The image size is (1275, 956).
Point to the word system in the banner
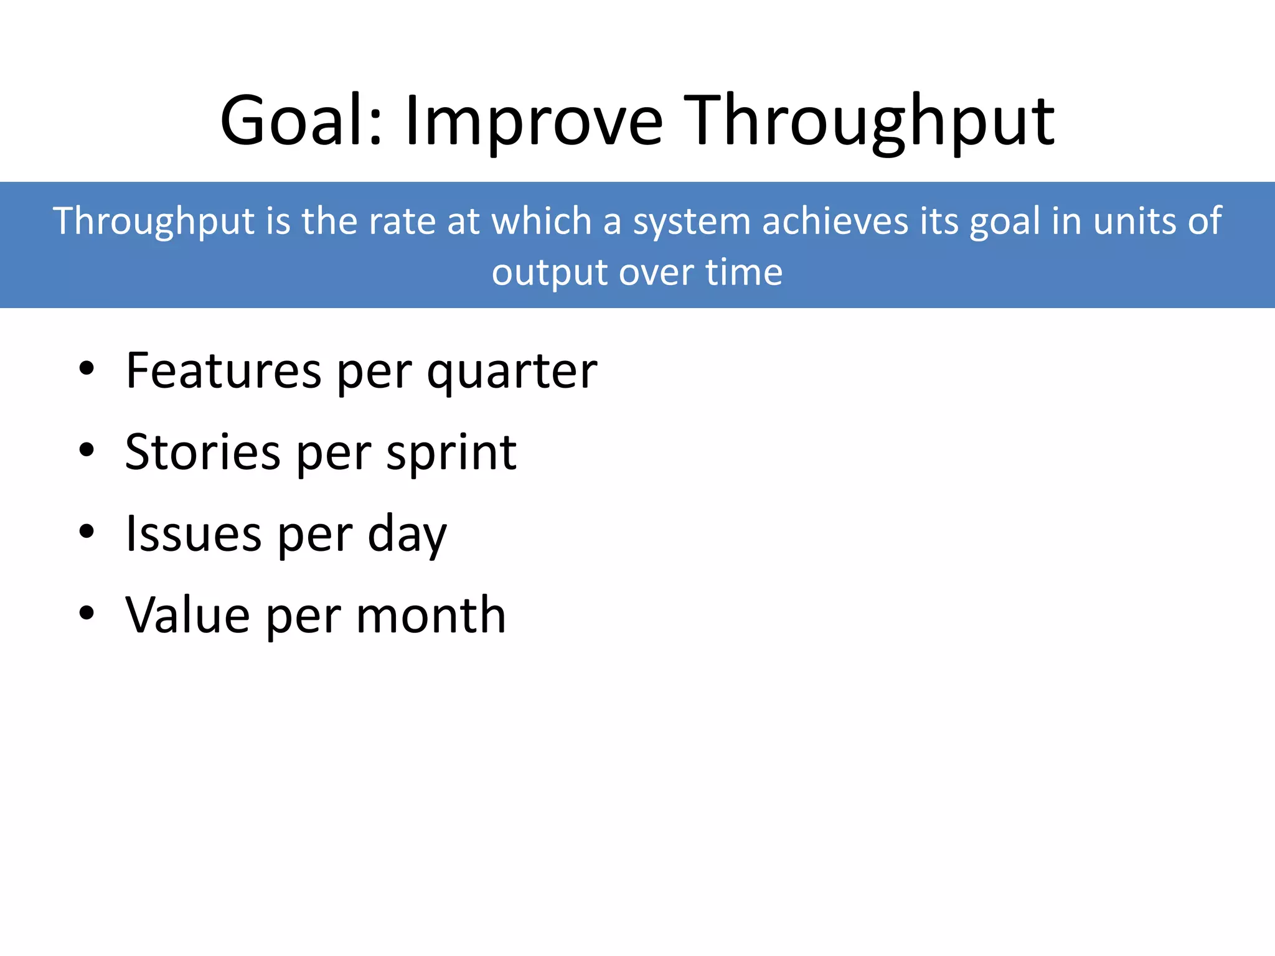pos(692,221)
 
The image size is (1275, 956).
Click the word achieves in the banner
pos(835,221)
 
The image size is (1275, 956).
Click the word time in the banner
pos(743,273)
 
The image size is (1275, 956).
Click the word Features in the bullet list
pos(223,370)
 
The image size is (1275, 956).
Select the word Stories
pos(203,452)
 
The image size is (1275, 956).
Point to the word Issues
pos(194,533)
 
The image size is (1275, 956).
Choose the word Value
pos(187,615)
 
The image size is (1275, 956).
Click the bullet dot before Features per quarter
pos(87,368)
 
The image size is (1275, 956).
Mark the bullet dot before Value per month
pos(87,613)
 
